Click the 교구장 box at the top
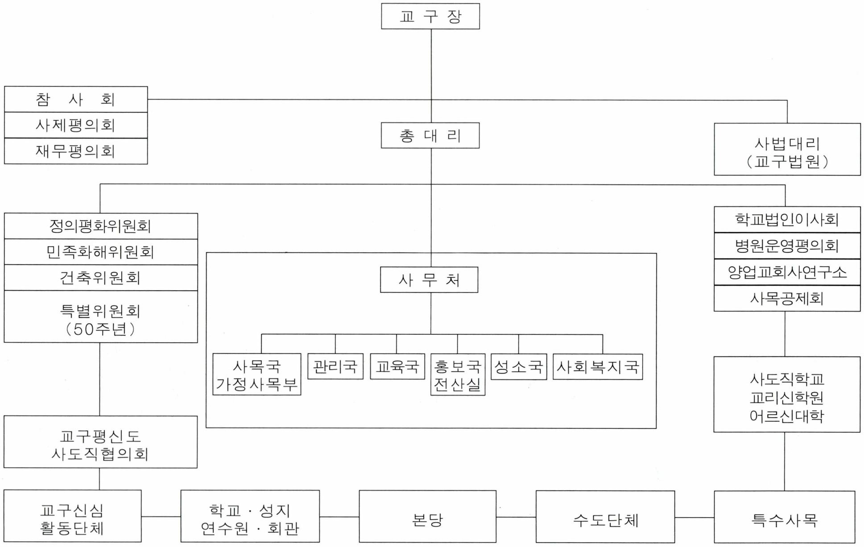pos(430,16)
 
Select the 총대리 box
pos(430,136)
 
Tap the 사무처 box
pos(429,280)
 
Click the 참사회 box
pos(76,99)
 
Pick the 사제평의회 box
pos(76,125)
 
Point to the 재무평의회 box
pos(76,151)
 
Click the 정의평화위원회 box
pos(101,226)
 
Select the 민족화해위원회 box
pos(101,252)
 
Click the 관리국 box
pos(335,366)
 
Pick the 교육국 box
pos(397,366)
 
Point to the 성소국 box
pos(518,367)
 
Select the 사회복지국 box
pos(598,367)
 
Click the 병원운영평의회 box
pos(787,246)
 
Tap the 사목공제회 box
pos(787,298)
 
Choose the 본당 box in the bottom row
pos(427,517)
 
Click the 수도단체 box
pos(605,517)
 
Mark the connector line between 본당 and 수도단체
pos(516,517)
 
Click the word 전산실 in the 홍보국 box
pos(457,385)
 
